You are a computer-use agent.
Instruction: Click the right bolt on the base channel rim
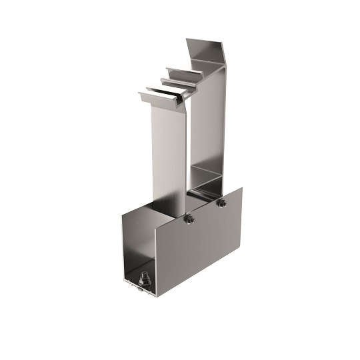[222, 202]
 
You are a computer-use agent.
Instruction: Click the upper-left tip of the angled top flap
[187, 39]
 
